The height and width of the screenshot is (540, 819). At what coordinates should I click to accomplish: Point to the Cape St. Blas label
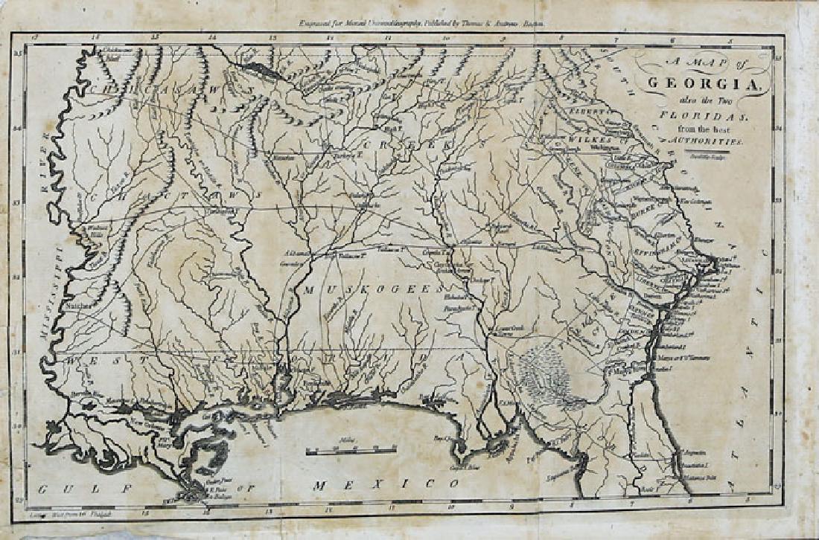[x=461, y=468]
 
